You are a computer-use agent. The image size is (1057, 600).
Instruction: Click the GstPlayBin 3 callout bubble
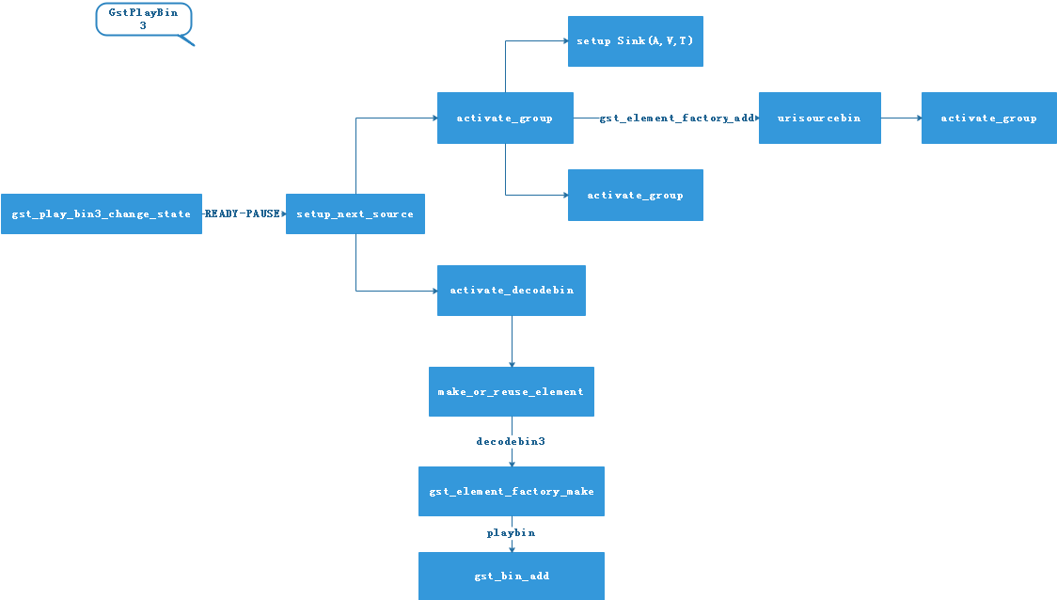coord(143,19)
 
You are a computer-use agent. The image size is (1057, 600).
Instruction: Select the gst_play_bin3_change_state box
coord(102,214)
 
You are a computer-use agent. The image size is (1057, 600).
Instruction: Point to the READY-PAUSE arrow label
coord(243,214)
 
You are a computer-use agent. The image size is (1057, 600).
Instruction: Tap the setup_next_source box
coord(355,214)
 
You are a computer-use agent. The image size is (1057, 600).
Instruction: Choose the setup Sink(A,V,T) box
coord(635,41)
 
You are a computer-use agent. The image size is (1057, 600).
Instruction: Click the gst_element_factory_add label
coord(677,118)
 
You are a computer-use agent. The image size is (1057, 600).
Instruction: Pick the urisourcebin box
coord(819,118)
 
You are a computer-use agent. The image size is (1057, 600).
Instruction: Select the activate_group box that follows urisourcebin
coord(988,118)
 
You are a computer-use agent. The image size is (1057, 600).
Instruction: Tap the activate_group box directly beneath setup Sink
coord(635,196)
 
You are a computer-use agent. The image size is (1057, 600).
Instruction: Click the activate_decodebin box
coord(512,291)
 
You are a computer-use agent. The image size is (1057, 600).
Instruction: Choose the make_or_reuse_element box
coord(511,392)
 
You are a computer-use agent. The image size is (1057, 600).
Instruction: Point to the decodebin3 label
coord(511,441)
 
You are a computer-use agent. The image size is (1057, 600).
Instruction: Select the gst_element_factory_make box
coord(512,492)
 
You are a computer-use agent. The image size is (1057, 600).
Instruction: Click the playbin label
coord(511,533)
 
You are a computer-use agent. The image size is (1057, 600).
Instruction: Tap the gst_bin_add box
coord(512,576)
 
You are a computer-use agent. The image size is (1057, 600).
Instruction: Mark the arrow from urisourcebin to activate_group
coord(900,118)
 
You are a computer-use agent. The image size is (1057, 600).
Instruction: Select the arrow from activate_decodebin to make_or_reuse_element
coord(512,341)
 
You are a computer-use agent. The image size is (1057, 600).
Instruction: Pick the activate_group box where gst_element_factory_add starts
coord(505,118)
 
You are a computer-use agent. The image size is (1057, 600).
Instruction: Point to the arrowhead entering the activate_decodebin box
coord(434,291)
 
